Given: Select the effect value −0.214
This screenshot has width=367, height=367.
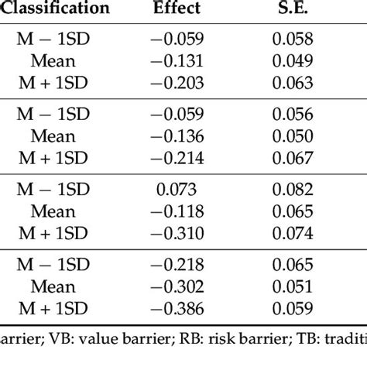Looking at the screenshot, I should [177, 158].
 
